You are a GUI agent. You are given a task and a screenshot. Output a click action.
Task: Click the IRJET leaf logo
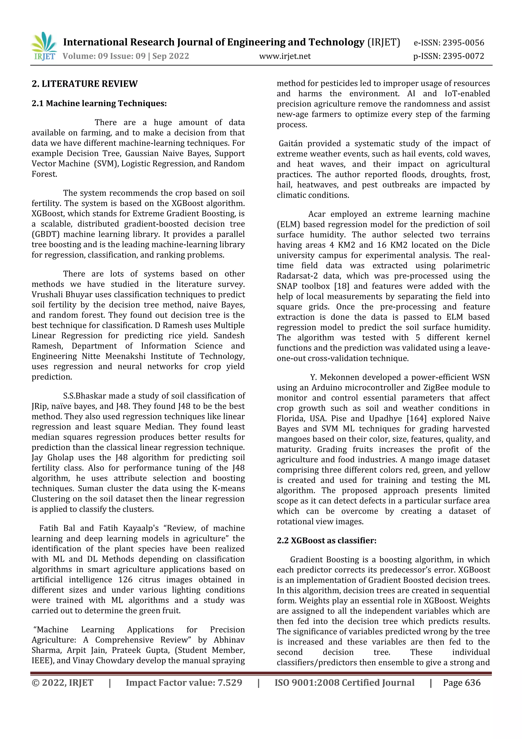pos(44,46)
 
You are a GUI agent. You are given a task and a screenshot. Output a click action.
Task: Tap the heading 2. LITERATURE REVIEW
pos(85,84)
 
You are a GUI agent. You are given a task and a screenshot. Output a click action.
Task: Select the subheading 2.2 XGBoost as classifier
pos(326,540)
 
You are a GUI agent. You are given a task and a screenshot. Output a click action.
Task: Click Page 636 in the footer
pos(462,683)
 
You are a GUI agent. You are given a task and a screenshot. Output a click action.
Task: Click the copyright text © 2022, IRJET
pos(62,683)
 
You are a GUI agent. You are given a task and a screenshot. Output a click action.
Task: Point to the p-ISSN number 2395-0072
pos(463,56)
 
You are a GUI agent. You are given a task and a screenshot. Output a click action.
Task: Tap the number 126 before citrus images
pos(125,580)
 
